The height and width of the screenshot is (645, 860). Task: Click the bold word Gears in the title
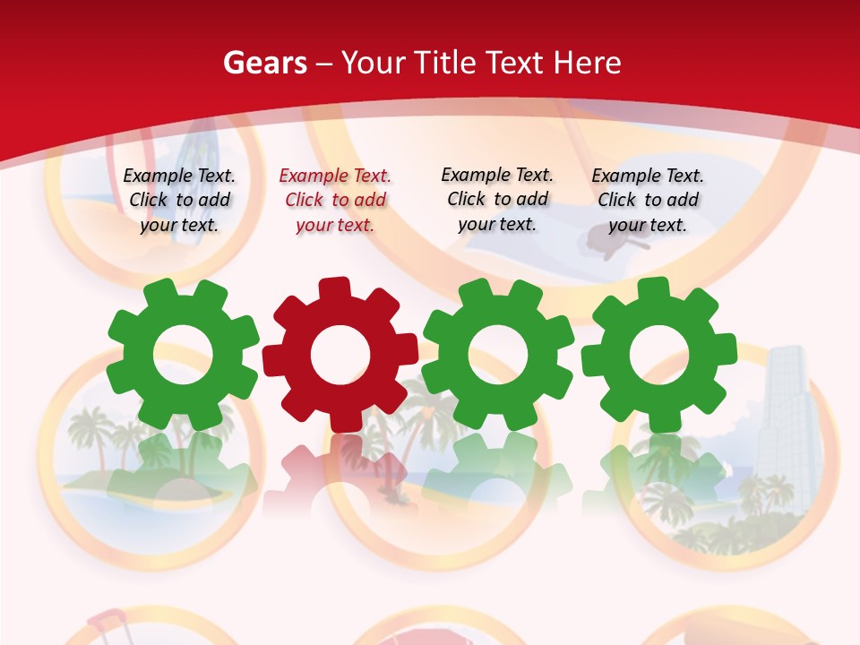265,63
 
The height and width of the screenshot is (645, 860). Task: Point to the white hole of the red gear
340,355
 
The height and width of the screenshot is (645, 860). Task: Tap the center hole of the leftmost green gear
183,355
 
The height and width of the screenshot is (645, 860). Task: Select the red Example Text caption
335,201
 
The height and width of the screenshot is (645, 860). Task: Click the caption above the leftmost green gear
179,201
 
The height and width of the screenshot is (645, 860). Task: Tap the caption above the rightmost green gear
648,201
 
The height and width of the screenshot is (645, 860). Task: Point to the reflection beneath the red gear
340,466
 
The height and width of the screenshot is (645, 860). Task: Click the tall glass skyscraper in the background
783,421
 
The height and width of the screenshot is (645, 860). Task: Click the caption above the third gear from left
497,200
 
